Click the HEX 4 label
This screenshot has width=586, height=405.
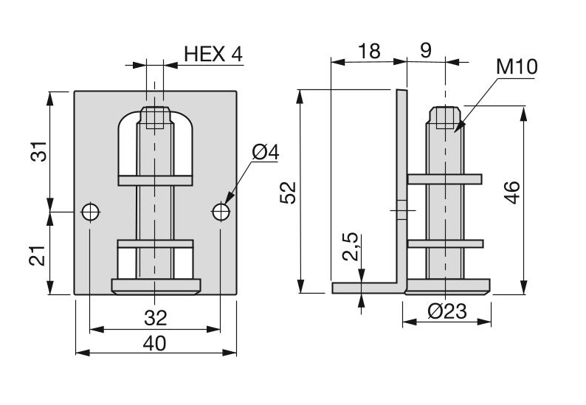(213, 54)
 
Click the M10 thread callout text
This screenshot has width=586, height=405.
(517, 68)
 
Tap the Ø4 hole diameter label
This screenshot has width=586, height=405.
(265, 153)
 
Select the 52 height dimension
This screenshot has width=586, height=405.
(289, 191)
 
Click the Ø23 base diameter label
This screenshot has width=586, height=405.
(447, 312)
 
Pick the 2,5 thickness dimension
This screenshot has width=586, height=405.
(351, 247)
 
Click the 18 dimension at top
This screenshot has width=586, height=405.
(369, 51)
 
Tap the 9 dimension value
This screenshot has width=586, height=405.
(426, 51)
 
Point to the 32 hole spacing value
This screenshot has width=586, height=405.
(155, 318)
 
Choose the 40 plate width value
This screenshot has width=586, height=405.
(155, 342)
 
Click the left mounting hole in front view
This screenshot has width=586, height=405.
(90, 212)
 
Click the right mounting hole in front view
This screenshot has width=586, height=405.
(221, 212)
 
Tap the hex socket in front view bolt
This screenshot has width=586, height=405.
(155, 118)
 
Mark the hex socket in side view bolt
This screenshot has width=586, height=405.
(445, 118)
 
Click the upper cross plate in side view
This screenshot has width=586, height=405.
(444, 179)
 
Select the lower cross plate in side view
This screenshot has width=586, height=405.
(444, 243)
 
